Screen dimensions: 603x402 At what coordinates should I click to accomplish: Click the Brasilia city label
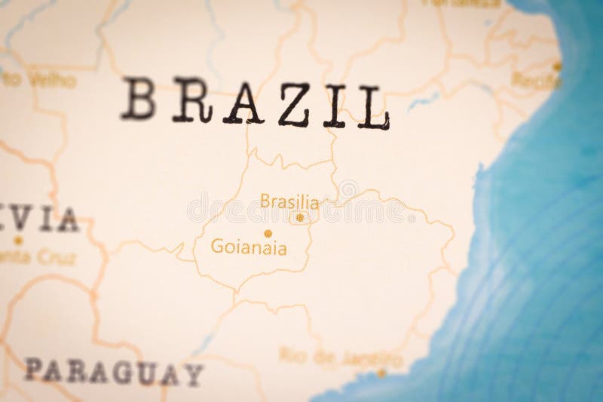coord(289,201)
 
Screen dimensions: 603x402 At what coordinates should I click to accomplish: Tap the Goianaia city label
coord(249,247)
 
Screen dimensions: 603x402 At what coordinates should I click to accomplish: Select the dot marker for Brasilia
coord(300,218)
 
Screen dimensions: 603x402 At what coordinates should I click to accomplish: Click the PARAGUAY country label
coord(113,371)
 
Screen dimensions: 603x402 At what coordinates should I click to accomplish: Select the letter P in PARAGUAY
coord(33,369)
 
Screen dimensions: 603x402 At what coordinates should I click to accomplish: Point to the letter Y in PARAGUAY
coord(193,373)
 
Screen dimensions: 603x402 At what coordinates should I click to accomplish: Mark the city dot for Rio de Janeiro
coord(381,372)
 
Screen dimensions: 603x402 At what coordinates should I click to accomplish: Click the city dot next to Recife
coord(557,66)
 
